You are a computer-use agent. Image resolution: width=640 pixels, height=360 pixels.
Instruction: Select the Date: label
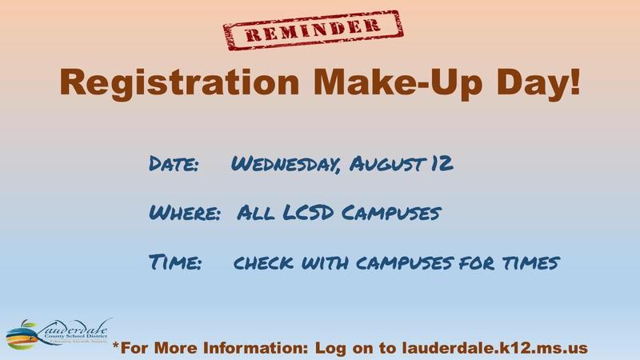174,166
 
